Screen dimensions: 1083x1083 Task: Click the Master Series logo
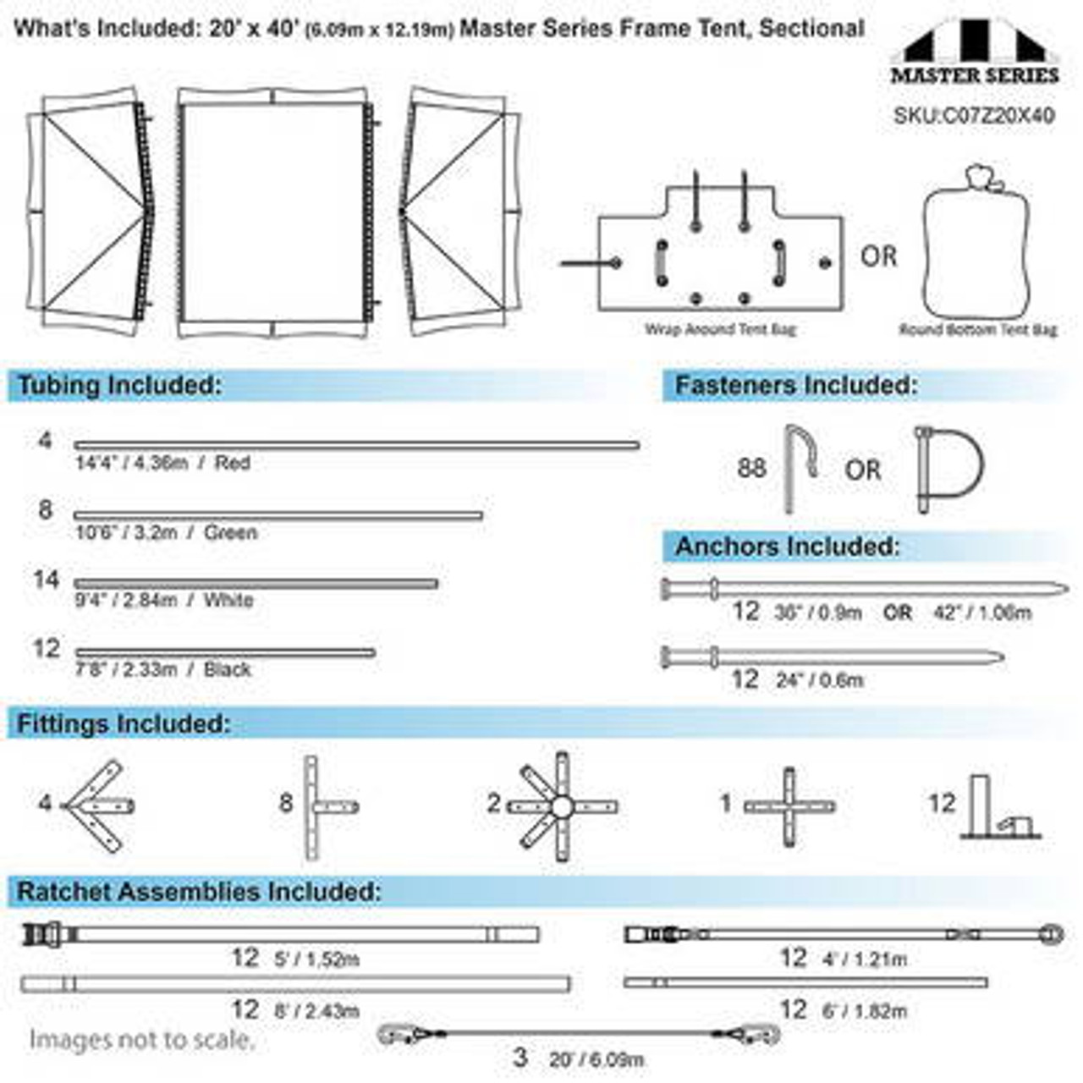pyautogui.click(x=974, y=58)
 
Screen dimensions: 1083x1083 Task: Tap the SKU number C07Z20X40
pyautogui.click(x=974, y=116)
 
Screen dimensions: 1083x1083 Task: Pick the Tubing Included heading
pyautogui.click(x=119, y=386)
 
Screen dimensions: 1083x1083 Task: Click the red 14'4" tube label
pyautogui.click(x=162, y=463)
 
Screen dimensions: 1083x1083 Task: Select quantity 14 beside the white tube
pyautogui.click(x=46, y=580)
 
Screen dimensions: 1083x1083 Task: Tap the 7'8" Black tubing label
pyautogui.click(x=162, y=669)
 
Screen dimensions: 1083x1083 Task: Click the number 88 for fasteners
pyautogui.click(x=751, y=468)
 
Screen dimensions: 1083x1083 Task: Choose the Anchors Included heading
pyautogui.click(x=787, y=547)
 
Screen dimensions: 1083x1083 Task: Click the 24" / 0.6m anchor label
pyautogui.click(x=819, y=680)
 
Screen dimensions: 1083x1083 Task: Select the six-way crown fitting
pyautogui.click(x=562, y=806)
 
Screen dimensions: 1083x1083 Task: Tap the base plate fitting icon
pyautogui.click(x=1001, y=808)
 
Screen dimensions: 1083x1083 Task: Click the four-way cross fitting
pyautogui.click(x=789, y=806)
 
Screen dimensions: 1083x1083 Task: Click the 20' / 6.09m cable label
pyautogui.click(x=596, y=1059)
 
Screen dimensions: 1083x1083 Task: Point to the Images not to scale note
pyautogui.click(x=141, y=1040)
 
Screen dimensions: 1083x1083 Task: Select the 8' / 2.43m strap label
pyautogui.click(x=316, y=1011)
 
